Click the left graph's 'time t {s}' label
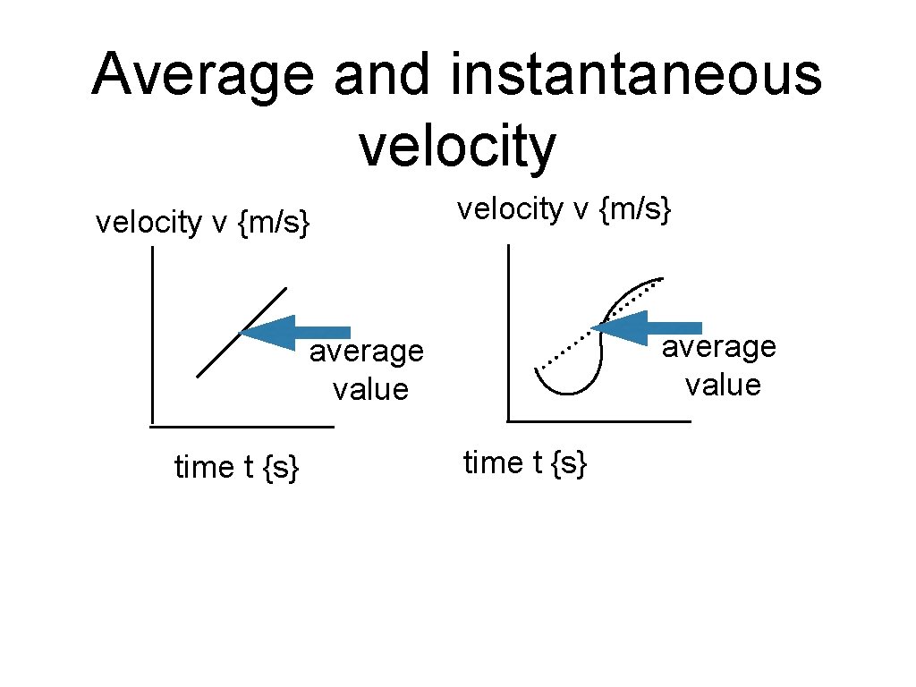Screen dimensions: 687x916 tap(236, 466)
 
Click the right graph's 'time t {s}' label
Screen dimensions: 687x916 tap(525, 462)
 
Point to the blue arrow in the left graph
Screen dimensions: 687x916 tap(295, 333)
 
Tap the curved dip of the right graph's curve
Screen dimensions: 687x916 tap(564, 388)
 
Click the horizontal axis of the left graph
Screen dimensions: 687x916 tap(242, 428)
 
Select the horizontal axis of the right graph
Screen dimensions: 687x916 tap(598, 420)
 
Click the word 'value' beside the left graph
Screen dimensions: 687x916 tap(369, 390)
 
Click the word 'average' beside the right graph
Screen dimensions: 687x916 tap(718, 346)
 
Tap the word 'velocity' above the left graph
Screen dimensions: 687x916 tap(148, 222)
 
